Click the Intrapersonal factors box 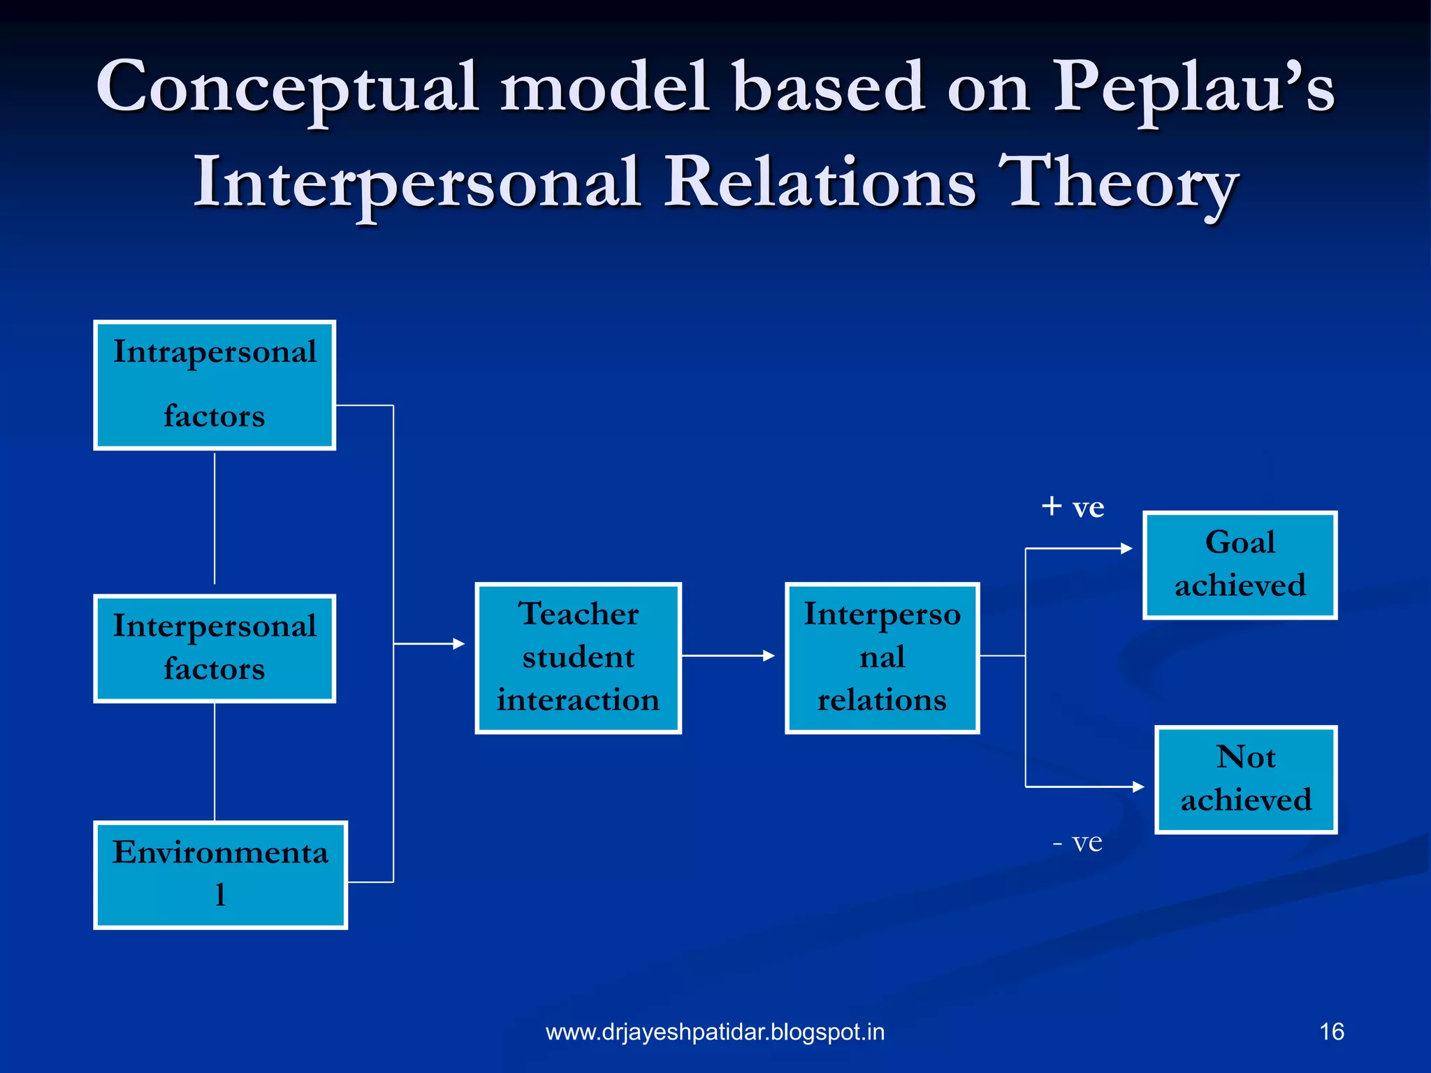215,385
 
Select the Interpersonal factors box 215,648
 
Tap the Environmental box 220,875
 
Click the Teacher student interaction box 578,657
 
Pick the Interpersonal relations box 882,657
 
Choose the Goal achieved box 1240,564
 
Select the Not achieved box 1246,779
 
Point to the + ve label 1073,507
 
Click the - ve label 1077,842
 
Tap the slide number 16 1331,1032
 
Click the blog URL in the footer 715,1032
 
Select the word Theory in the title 1118,184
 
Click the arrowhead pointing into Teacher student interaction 458,643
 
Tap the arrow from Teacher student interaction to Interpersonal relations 727,655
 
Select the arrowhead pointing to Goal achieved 1126,548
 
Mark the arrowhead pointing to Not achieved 1138,787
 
